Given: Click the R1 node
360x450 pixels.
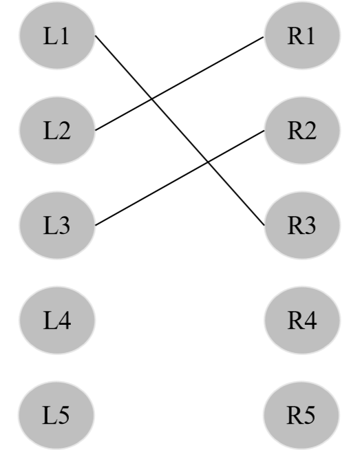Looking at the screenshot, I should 301,36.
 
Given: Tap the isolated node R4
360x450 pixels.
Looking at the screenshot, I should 301,319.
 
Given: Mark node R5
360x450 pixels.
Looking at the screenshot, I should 301,414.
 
